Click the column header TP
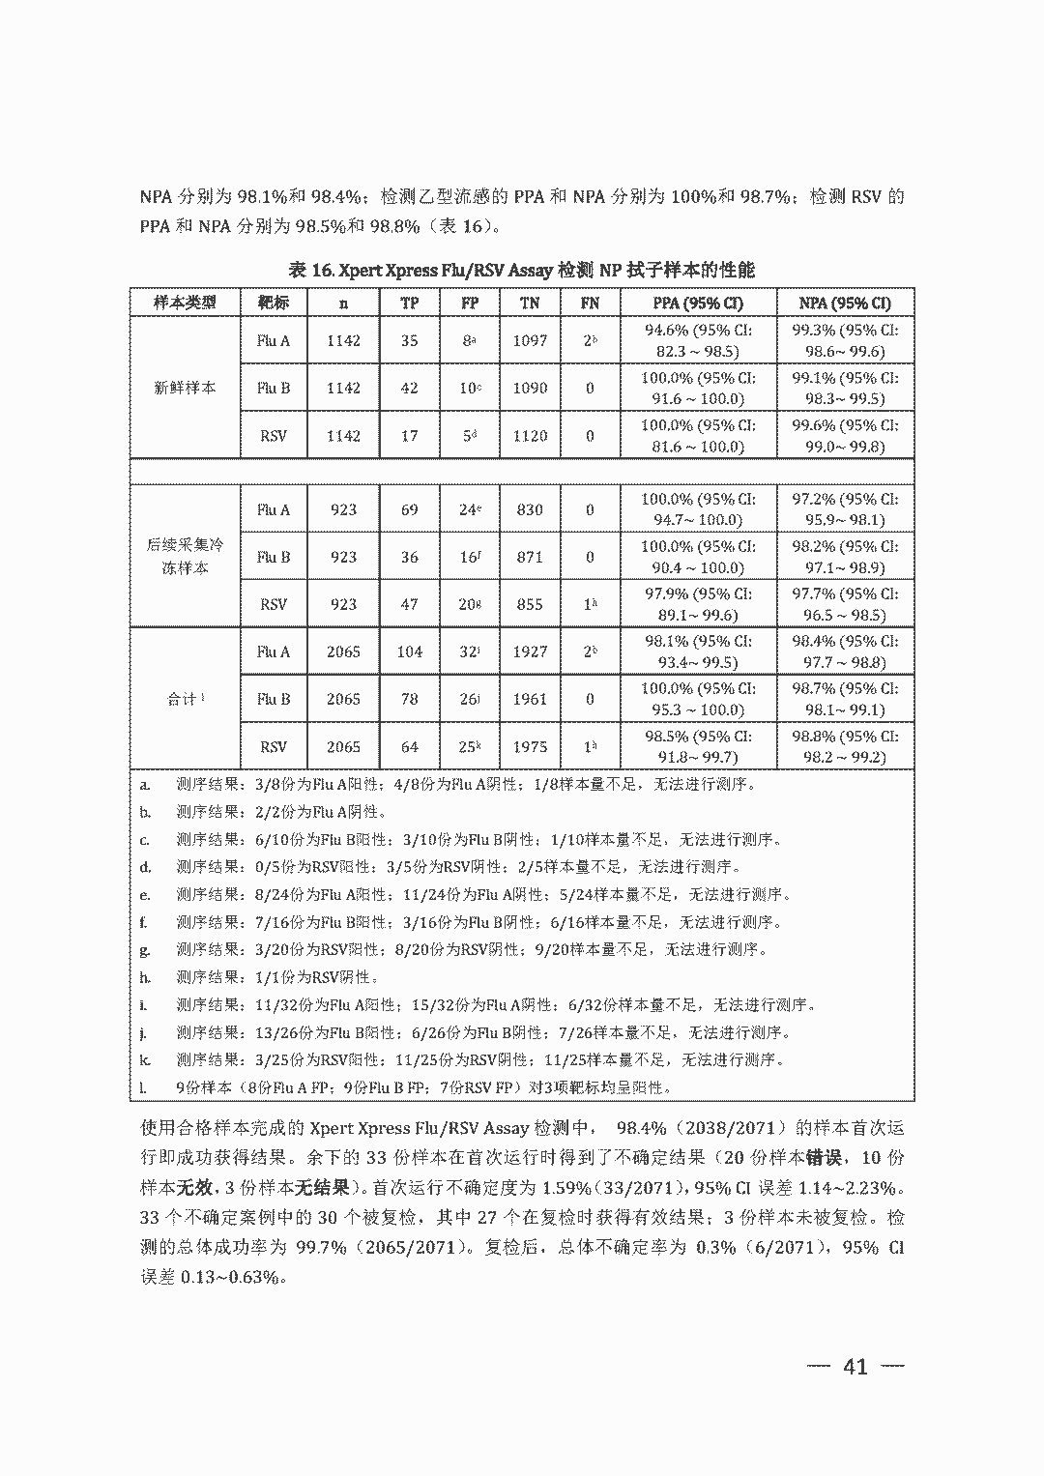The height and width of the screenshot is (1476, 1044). coord(409,303)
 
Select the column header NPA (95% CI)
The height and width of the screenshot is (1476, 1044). coord(845,303)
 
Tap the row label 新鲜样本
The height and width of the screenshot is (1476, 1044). coord(185,388)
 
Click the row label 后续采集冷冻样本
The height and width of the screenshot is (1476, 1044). coord(185,557)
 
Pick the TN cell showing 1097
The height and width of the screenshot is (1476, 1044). coord(530,340)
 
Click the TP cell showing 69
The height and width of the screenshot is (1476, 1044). coord(409,509)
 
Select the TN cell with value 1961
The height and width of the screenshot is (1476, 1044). coord(530,699)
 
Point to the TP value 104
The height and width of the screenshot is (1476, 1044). coord(409,651)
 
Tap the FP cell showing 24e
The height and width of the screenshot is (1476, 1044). coord(470,509)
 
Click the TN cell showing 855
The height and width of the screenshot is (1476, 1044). coord(530,604)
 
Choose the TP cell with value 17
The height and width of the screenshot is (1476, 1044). coord(409,435)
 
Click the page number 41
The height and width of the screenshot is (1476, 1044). coord(855,1366)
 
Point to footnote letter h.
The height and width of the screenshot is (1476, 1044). coord(145,977)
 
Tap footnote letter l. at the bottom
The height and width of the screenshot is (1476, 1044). coord(143,1087)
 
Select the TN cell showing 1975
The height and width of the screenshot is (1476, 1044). coord(530,746)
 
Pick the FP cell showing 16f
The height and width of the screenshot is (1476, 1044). coord(470,557)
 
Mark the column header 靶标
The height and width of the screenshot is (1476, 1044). coord(274,303)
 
